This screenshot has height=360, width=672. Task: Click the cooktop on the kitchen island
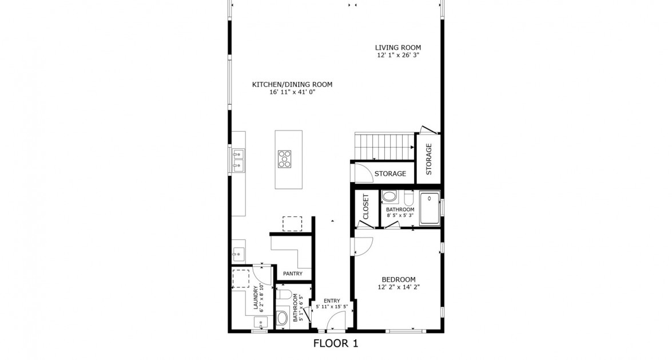coord(285,159)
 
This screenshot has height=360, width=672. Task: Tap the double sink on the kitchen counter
coord(238,160)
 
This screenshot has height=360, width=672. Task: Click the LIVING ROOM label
coord(398,48)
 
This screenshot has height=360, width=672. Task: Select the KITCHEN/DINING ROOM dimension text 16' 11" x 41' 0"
coord(292,92)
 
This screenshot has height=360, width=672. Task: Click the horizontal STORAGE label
coord(390,173)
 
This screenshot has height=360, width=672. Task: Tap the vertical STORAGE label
coord(429,159)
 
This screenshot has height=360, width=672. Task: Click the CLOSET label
coord(366,207)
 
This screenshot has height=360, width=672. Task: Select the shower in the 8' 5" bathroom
coord(430,209)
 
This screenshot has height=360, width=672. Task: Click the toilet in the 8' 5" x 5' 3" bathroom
coord(408,198)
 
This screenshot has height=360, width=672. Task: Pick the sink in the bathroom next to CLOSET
coord(389,197)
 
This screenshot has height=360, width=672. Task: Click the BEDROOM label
coord(399,279)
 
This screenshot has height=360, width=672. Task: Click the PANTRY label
coord(292,274)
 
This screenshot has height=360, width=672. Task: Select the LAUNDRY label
coord(255,298)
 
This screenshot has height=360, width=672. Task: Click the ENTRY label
coord(332,300)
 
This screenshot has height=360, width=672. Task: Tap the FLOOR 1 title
coord(336,344)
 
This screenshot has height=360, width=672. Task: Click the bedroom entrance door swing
coord(363,246)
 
